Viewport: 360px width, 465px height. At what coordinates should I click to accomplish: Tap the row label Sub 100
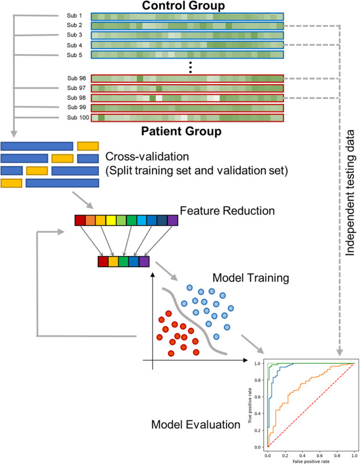(x=73, y=117)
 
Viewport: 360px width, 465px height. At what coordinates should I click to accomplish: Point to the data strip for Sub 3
(x=187, y=35)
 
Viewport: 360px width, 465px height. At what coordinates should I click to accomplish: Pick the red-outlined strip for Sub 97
(x=187, y=88)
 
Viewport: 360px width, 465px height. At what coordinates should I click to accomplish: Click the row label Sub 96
(x=75, y=79)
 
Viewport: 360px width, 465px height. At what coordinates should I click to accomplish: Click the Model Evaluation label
(x=192, y=425)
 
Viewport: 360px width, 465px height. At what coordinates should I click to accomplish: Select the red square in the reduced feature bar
(x=103, y=261)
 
